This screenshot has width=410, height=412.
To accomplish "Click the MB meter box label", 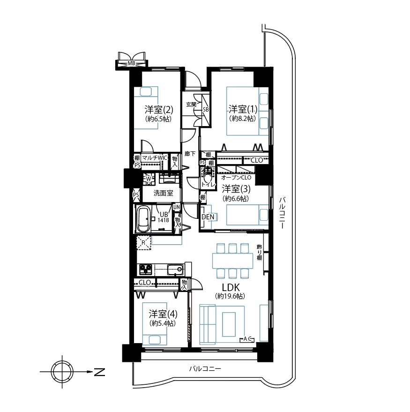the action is click(x=131, y=63).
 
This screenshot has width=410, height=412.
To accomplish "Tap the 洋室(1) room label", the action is click(x=243, y=109).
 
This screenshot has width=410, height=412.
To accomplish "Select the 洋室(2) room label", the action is click(x=159, y=109).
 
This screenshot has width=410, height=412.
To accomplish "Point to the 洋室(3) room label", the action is click(x=236, y=189).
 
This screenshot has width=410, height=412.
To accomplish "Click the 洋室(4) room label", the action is click(x=163, y=314).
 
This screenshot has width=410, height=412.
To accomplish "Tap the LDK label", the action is click(x=231, y=287).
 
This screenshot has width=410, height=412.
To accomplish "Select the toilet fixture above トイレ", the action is click(x=208, y=174).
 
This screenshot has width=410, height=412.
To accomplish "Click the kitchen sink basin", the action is click(x=175, y=269).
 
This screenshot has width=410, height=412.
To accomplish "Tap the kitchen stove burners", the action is click(x=146, y=270).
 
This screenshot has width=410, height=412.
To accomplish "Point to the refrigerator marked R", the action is click(x=143, y=243).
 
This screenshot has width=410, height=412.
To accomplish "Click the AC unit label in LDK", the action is click(x=247, y=339).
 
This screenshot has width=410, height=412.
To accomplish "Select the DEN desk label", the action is click(x=208, y=217).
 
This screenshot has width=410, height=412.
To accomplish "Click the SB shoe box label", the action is click(x=206, y=110).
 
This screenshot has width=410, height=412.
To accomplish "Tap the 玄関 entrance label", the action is click(x=191, y=105).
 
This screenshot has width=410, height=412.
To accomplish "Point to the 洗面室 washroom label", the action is click(x=163, y=193).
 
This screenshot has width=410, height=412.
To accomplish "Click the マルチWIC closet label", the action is click(x=155, y=158).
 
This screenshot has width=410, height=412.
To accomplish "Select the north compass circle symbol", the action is click(x=62, y=372).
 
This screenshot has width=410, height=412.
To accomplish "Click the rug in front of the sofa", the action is click(x=229, y=324).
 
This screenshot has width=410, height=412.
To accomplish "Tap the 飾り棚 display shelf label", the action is click(x=260, y=252).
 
